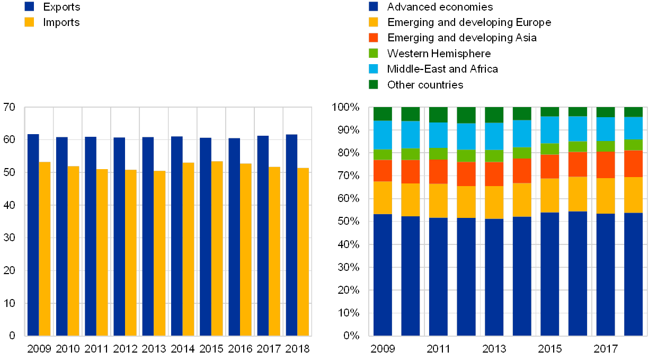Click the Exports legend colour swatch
click(29, 6)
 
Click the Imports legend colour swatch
click(29, 22)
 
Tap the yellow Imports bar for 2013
click(159, 253)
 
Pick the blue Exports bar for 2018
click(291, 235)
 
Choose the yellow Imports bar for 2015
click(217, 248)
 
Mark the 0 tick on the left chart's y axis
click(12, 336)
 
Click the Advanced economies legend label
click(440, 7)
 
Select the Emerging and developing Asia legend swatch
click(374, 38)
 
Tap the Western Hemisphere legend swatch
click(374, 53)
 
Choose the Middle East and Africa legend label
click(443, 69)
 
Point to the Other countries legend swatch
click(374, 84)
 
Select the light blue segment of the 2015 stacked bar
click(549, 130)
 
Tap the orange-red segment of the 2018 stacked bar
click(633, 163)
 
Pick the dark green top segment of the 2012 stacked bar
click(466, 115)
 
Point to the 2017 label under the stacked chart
click(606, 348)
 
